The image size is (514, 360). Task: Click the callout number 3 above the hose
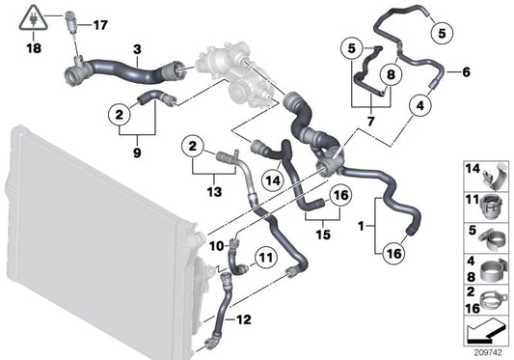137,47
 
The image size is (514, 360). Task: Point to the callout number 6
467,72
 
